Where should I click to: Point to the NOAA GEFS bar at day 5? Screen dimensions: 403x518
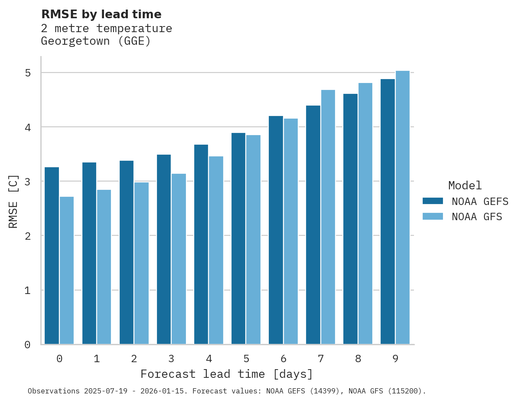238,238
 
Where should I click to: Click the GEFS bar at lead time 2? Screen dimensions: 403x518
127,252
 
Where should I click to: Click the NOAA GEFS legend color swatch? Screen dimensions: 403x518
433,201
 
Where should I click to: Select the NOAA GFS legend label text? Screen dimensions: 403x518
477,217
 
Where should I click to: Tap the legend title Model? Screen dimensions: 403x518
465,185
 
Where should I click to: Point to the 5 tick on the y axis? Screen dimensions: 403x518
28,73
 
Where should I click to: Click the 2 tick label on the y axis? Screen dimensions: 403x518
28,236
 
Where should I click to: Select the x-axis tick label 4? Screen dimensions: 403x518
209,359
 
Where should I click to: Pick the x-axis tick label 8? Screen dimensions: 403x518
358,359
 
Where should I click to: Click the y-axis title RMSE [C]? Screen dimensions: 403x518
13,201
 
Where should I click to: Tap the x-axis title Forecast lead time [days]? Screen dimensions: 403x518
226,374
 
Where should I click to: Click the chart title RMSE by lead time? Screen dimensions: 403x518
101,14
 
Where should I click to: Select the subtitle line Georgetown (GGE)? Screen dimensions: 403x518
95,42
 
